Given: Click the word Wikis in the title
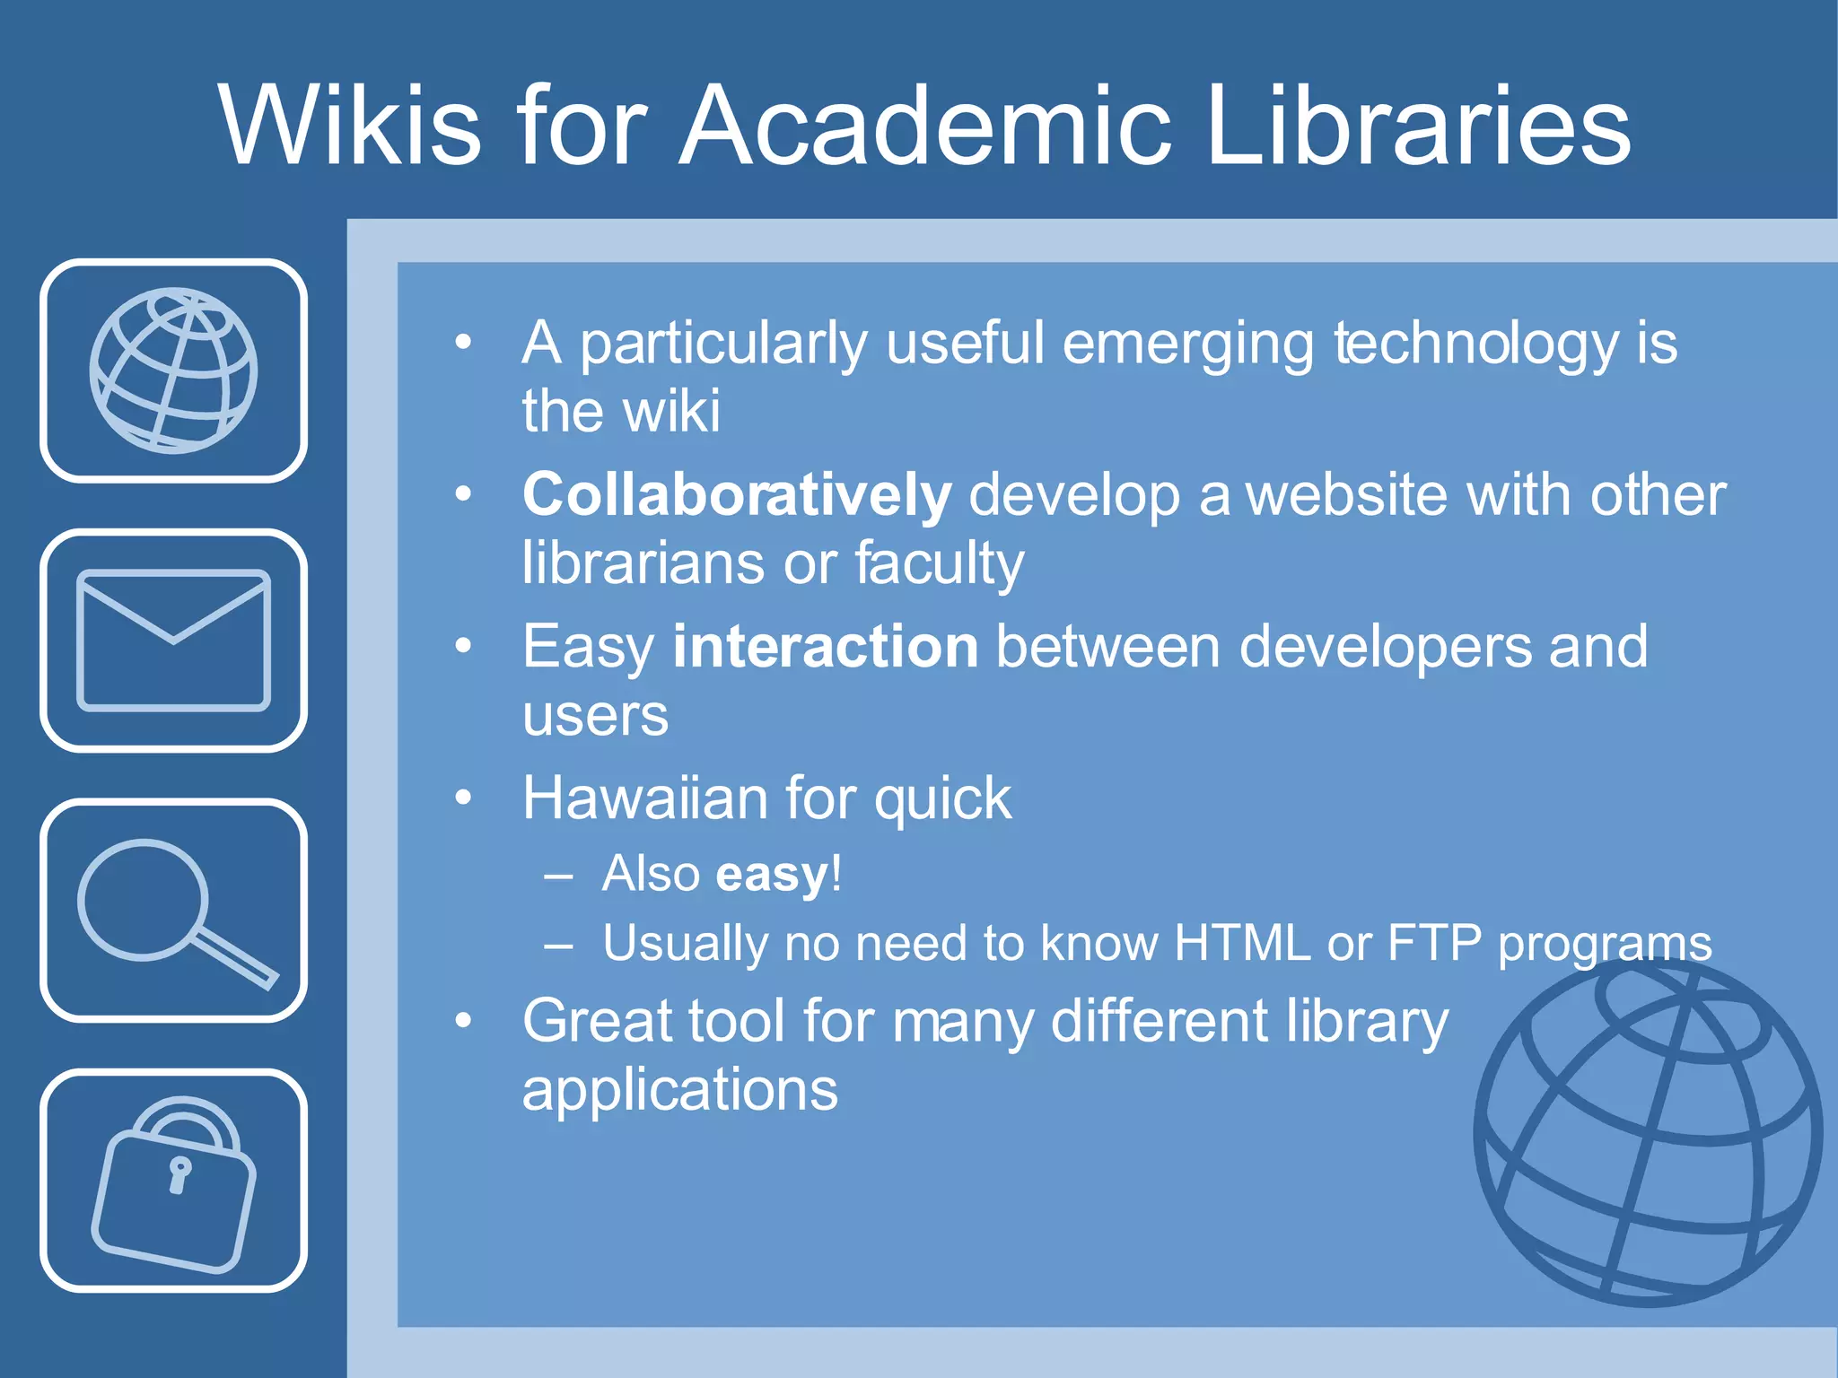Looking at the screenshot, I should (x=350, y=126).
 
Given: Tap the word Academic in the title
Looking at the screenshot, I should (x=924, y=126).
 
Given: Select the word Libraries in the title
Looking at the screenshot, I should (x=1418, y=126).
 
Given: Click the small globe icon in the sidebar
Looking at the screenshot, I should (x=173, y=371).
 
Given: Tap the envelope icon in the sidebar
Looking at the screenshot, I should (x=173, y=640).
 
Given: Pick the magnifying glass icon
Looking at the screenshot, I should (x=173, y=911).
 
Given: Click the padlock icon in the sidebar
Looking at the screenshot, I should (x=173, y=1182).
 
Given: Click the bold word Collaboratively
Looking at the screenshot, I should (x=736, y=495).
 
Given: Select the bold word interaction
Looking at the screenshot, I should (x=825, y=647).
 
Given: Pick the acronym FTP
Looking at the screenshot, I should (x=1433, y=943).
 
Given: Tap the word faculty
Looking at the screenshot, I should (x=939, y=565).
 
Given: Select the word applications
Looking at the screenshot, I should (x=679, y=1091).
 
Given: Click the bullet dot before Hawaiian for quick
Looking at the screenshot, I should (x=463, y=797).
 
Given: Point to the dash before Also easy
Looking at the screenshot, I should (x=558, y=876).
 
